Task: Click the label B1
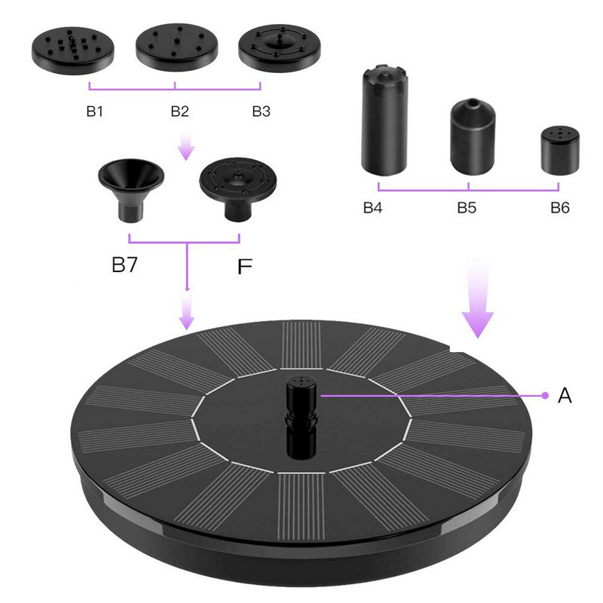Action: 95,112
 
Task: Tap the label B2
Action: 179,112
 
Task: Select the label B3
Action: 261,112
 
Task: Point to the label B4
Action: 372,208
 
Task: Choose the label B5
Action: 467,208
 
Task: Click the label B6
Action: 560,208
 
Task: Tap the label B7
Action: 124,265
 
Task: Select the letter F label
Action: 244,267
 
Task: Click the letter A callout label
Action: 565,395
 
